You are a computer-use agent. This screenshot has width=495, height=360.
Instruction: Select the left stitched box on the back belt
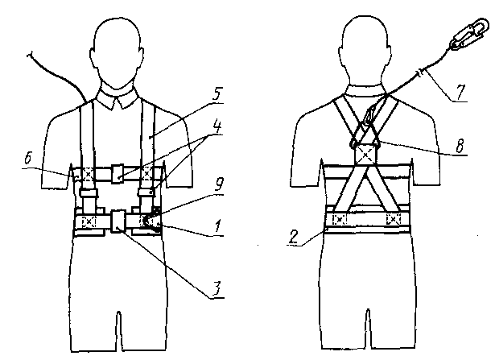[x=340, y=218]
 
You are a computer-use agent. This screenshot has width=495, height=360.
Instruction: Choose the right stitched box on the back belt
[x=394, y=218]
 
